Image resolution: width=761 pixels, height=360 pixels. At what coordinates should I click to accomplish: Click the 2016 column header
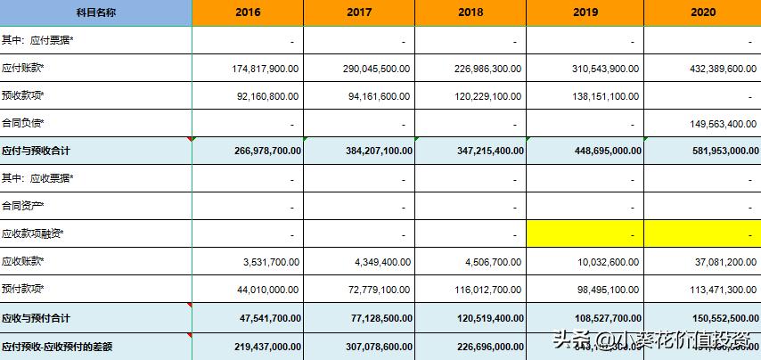248,12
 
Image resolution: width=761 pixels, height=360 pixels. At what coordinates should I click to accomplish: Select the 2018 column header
471,12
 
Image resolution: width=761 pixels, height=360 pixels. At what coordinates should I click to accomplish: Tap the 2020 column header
702,12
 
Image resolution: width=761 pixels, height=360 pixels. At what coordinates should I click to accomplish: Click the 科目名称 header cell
95,12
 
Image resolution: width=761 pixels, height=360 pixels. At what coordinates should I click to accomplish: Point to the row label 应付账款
23,69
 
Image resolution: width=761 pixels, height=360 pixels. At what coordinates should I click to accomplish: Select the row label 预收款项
23,96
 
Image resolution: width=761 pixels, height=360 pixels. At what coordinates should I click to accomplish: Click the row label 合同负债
23,124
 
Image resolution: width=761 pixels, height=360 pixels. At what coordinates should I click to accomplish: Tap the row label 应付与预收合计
36,151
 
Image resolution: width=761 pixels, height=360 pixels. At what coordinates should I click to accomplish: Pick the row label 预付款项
23,290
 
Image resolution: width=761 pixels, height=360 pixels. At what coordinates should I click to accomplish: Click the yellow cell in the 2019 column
585,234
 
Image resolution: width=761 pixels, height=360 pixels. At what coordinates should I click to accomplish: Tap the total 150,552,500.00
710,317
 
